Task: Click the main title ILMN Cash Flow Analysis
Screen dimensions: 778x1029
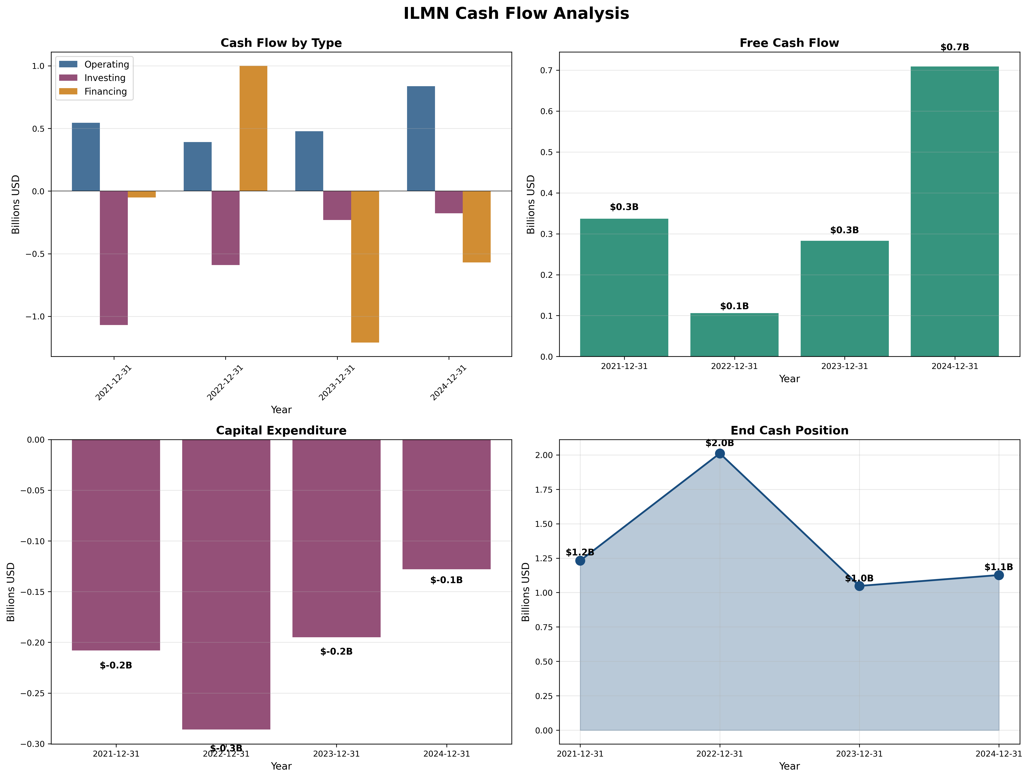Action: (x=516, y=13)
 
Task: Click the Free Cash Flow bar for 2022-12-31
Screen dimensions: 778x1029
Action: (x=734, y=335)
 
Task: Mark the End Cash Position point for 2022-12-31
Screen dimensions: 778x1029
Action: (x=720, y=453)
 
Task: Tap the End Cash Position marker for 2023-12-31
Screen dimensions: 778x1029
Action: (x=859, y=586)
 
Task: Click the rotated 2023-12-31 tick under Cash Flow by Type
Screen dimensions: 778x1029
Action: (x=337, y=383)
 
